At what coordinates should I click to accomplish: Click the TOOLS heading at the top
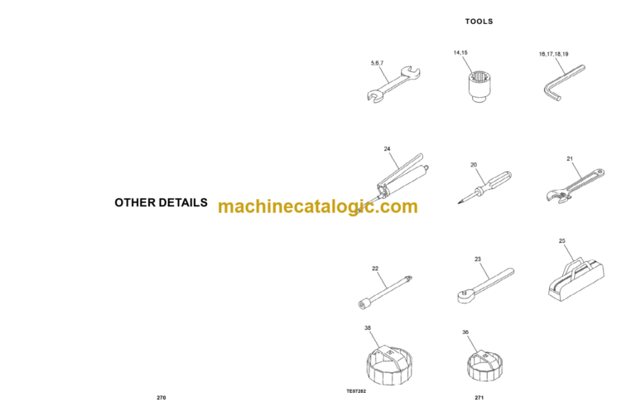[x=479, y=22]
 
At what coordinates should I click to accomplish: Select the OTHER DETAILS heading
[x=161, y=202]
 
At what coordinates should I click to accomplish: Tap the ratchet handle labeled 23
[x=484, y=283]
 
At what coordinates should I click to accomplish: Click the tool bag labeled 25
[x=572, y=277]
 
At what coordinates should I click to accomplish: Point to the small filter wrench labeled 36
[x=480, y=366]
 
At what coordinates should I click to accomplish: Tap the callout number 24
[x=387, y=149]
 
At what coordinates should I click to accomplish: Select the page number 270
[x=161, y=398]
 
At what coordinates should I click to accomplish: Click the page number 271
[x=479, y=398]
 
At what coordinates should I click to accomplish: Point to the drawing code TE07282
[x=356, y=391]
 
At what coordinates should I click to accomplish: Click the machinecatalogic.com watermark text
[x=318, y=206]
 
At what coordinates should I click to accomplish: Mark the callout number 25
[x=562, y=241]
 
